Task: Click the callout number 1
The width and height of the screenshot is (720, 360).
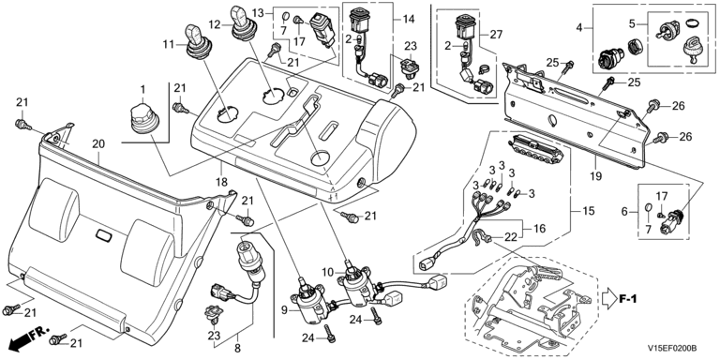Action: [142, 88]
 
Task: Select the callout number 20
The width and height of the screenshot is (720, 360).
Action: [98, 144]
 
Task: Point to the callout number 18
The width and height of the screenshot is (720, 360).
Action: [222, 182]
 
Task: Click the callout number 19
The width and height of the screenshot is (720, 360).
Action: [596, 175]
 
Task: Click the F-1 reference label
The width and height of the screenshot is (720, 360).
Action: [627, 299]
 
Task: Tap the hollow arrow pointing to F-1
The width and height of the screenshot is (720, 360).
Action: [607, 299]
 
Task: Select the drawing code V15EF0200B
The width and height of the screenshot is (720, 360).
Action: [672, 349]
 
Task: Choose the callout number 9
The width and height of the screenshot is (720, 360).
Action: [284, 311]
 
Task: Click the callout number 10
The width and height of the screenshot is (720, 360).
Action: [328, 272]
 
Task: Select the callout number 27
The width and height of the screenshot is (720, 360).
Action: [496, 34]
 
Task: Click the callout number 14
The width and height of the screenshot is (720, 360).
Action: [408, 19]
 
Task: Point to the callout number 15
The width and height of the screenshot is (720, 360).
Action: [588, 211]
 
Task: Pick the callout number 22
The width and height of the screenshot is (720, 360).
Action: [510, 237]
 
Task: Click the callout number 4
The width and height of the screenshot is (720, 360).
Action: [579, 27]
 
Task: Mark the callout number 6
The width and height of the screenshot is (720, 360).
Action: [624, 211]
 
